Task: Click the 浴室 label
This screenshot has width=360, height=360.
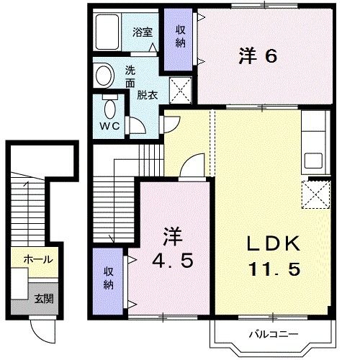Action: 143,32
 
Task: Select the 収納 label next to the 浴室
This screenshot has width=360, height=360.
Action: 180,37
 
